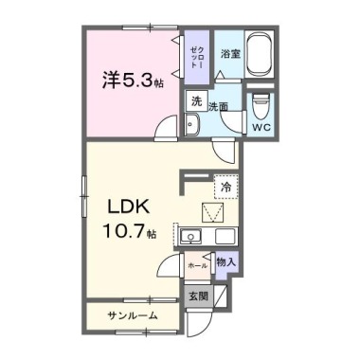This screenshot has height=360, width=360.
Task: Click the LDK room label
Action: click(129, 207)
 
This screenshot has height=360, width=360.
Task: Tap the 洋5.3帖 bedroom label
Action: click(133, 80)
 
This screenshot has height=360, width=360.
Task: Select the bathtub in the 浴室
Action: click(259, 54)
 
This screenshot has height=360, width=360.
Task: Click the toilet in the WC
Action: click(261, 105)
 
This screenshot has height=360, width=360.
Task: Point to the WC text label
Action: click(261, 128)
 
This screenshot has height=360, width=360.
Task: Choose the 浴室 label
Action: click(230, 54)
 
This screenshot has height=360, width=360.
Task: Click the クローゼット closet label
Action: click(197, 58)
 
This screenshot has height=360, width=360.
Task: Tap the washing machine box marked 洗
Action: click(196, 101)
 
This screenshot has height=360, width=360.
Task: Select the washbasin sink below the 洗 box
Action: click(191, 124)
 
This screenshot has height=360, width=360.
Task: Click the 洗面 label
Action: click(218, 107)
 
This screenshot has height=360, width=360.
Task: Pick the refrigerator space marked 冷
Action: click(225, 187)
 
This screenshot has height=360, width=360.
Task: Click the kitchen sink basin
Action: click(190, 236)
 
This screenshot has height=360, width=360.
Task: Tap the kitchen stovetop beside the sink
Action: click(225, 236)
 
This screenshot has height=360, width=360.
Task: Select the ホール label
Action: click(197, 266)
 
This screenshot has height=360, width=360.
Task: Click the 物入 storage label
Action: click(226, 261)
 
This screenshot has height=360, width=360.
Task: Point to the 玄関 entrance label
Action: click(199, 297)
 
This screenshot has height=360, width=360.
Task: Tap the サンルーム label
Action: click(133, 315)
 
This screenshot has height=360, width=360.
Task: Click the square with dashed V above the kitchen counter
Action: click(213, 212)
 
